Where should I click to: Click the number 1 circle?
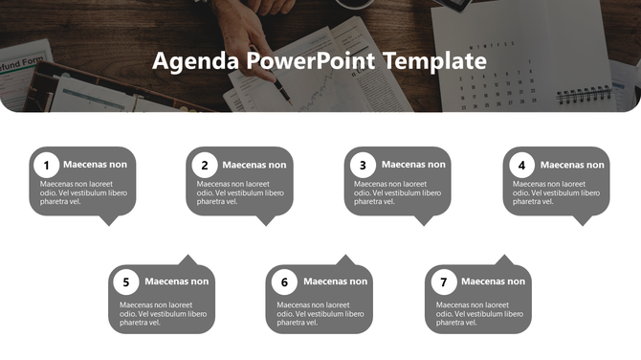[48, 165]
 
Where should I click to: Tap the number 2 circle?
[205, 165]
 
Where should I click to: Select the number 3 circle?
[362, 165]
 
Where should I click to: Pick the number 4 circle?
[521, 165]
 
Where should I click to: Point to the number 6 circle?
[283, 282]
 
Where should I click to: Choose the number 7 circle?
[442, 282]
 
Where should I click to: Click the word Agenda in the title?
[195, 61]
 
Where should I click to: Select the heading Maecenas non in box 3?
[413, 165]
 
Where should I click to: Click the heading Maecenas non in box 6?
[335, 281]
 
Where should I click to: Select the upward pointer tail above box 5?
[188, 259]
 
